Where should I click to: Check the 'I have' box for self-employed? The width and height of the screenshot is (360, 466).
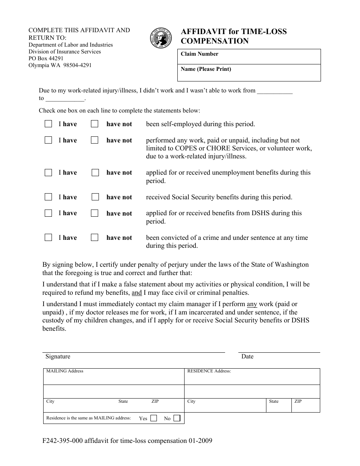48,124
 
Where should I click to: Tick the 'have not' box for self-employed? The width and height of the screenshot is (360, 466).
95,124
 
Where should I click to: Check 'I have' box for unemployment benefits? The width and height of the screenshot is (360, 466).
48,173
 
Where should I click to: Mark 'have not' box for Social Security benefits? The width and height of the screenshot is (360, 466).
95,197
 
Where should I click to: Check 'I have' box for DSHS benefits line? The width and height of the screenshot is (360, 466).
48,213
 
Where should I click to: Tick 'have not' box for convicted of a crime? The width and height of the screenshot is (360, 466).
95,238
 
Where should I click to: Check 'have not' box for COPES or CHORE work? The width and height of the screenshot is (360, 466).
95,140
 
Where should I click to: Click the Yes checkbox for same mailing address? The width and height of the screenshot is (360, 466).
153,418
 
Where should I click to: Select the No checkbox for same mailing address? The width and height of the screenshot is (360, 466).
177,418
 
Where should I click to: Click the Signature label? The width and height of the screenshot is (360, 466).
58,357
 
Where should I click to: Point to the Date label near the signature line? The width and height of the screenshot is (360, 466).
247,357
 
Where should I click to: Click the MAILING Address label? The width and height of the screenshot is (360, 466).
64,371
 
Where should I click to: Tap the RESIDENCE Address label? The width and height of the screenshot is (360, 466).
209,371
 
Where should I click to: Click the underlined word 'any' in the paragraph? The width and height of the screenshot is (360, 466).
252,304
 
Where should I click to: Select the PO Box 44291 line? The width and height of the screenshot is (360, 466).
46,58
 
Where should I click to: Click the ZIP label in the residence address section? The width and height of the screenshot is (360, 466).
298,401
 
